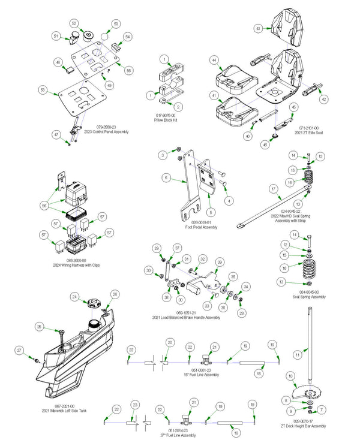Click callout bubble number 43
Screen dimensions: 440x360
[x=257, y=28]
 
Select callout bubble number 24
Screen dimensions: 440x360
[x=74, y=297]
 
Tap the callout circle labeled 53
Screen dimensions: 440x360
[x=42, y=89]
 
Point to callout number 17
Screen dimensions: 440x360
[x=273, y=189]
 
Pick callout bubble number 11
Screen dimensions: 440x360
[x=296, y=355]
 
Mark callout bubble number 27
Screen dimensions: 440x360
[x=19, y=349]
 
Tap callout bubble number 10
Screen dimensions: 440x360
[x=290, y=376]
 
